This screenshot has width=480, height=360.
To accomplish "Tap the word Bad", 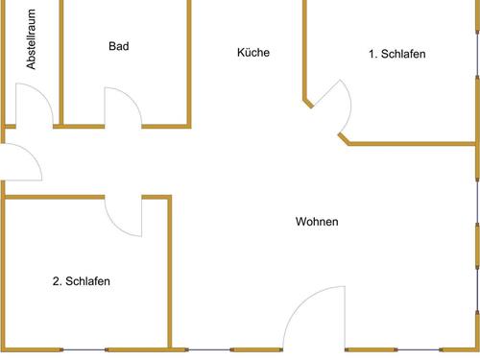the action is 119,46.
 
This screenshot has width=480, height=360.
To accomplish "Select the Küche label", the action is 253,53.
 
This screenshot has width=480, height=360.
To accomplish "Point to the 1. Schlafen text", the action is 396,55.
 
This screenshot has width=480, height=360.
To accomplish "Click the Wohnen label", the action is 316,222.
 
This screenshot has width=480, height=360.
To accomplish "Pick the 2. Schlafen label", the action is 81,281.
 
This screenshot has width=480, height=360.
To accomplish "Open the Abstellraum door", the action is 29,106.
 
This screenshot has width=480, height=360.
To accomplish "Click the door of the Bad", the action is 122,107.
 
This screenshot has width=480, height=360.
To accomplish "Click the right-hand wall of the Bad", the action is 189,62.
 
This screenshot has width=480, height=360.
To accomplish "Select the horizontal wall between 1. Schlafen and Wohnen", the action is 413,144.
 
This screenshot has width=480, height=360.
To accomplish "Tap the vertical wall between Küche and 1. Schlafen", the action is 305,48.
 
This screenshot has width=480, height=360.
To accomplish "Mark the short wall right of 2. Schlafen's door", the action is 156,197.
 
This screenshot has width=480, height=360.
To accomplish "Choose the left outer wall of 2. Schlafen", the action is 4,274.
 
